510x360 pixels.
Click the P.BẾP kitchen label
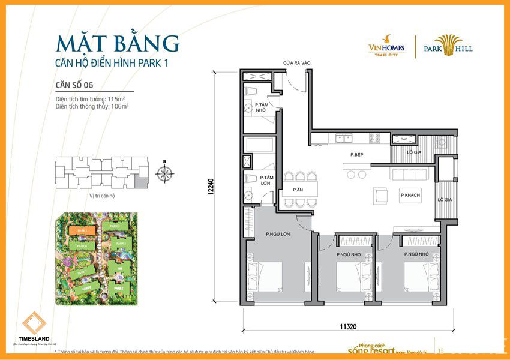pos(358,155)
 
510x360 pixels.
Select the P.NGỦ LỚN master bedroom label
pos(278,234)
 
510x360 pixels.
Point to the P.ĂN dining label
pos(298,190)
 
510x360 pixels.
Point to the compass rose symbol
pos(164,173)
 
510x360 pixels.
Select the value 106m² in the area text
pos(119,106)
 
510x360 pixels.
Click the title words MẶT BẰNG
pos(117,44)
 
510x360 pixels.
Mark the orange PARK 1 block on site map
pos(78,230)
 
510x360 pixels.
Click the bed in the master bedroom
pos(265,278)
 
